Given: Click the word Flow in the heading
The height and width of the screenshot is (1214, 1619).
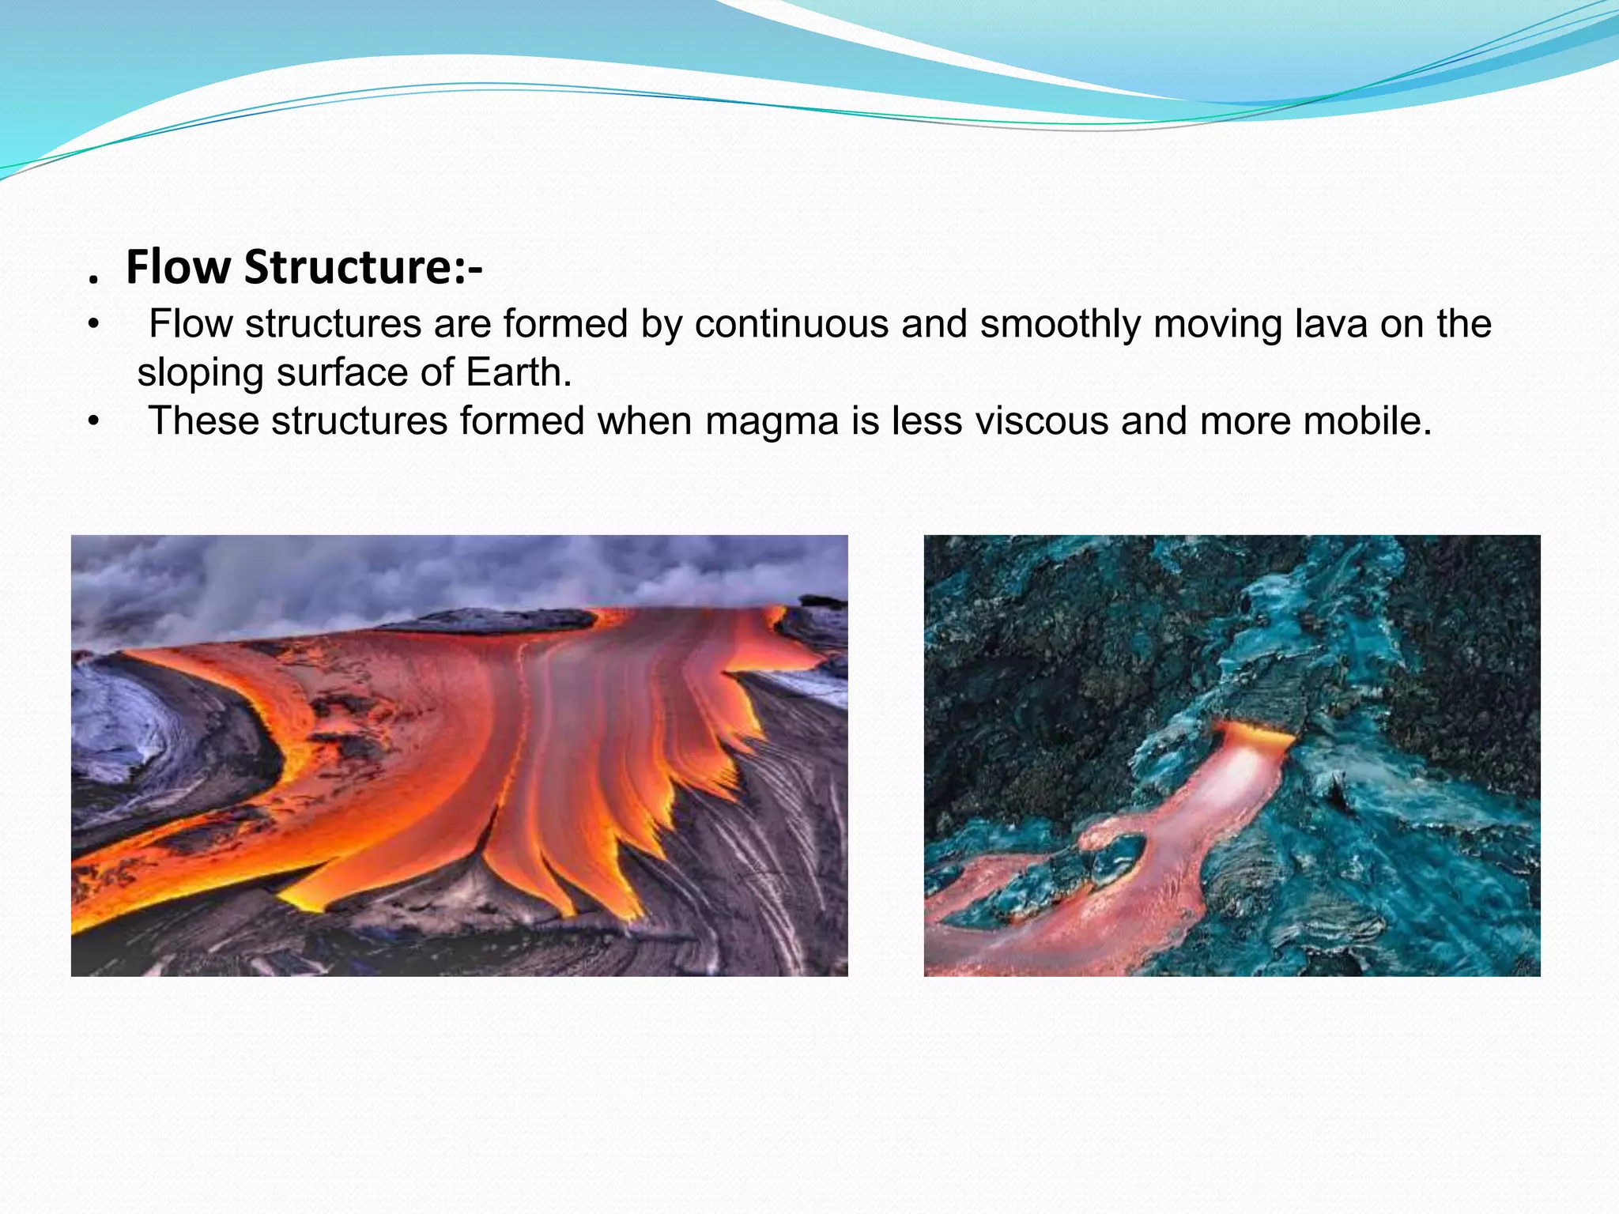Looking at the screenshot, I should pyautogui.click(x=178, y=267).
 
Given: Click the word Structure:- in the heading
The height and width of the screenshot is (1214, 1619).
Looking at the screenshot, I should pyautogui.click(x=363, y=267).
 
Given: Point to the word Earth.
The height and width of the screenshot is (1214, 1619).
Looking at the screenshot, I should pyautogui.click(x=518, y=372).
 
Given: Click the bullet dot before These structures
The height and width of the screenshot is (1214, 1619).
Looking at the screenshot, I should pyautogui.click(x=93, y=421).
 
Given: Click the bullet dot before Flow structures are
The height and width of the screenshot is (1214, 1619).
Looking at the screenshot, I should pyautogui.click(x=93, y=325).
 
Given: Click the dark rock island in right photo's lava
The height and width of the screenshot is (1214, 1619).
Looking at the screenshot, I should pyautogui.click(x=1116, y=852).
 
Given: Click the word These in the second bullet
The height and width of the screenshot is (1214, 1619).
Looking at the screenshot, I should pyautogui.click(x=204, y=420).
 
